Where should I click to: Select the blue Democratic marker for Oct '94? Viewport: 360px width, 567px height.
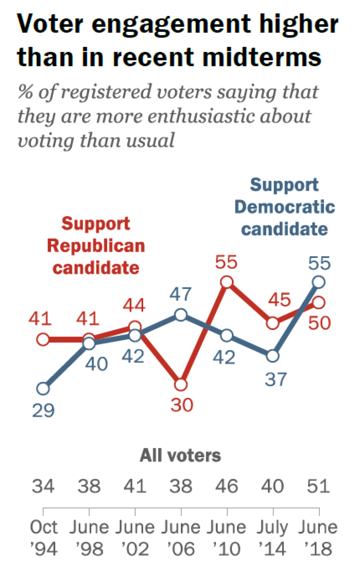coord(43,389)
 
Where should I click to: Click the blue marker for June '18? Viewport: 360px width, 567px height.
coord(319,282)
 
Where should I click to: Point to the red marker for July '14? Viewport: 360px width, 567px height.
coord(273,323)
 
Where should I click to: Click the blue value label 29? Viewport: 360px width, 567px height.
coord(43,410)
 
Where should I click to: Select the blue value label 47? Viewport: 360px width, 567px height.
coord(180,294)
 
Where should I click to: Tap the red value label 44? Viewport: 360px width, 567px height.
coord(134,306)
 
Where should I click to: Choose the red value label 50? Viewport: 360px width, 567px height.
coord(319,323)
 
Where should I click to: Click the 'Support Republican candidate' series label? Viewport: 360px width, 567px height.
coord(96,246)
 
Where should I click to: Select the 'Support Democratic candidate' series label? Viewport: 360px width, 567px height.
coord(285,207)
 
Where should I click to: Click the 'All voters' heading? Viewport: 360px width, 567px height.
coord(180,455)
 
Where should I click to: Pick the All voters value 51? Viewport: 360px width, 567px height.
coord(319,486)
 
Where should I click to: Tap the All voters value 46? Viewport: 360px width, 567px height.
coord(227,486)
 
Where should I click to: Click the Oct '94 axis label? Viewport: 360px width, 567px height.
coord(43,538)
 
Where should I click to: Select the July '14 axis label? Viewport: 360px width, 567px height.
coord(273,538)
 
